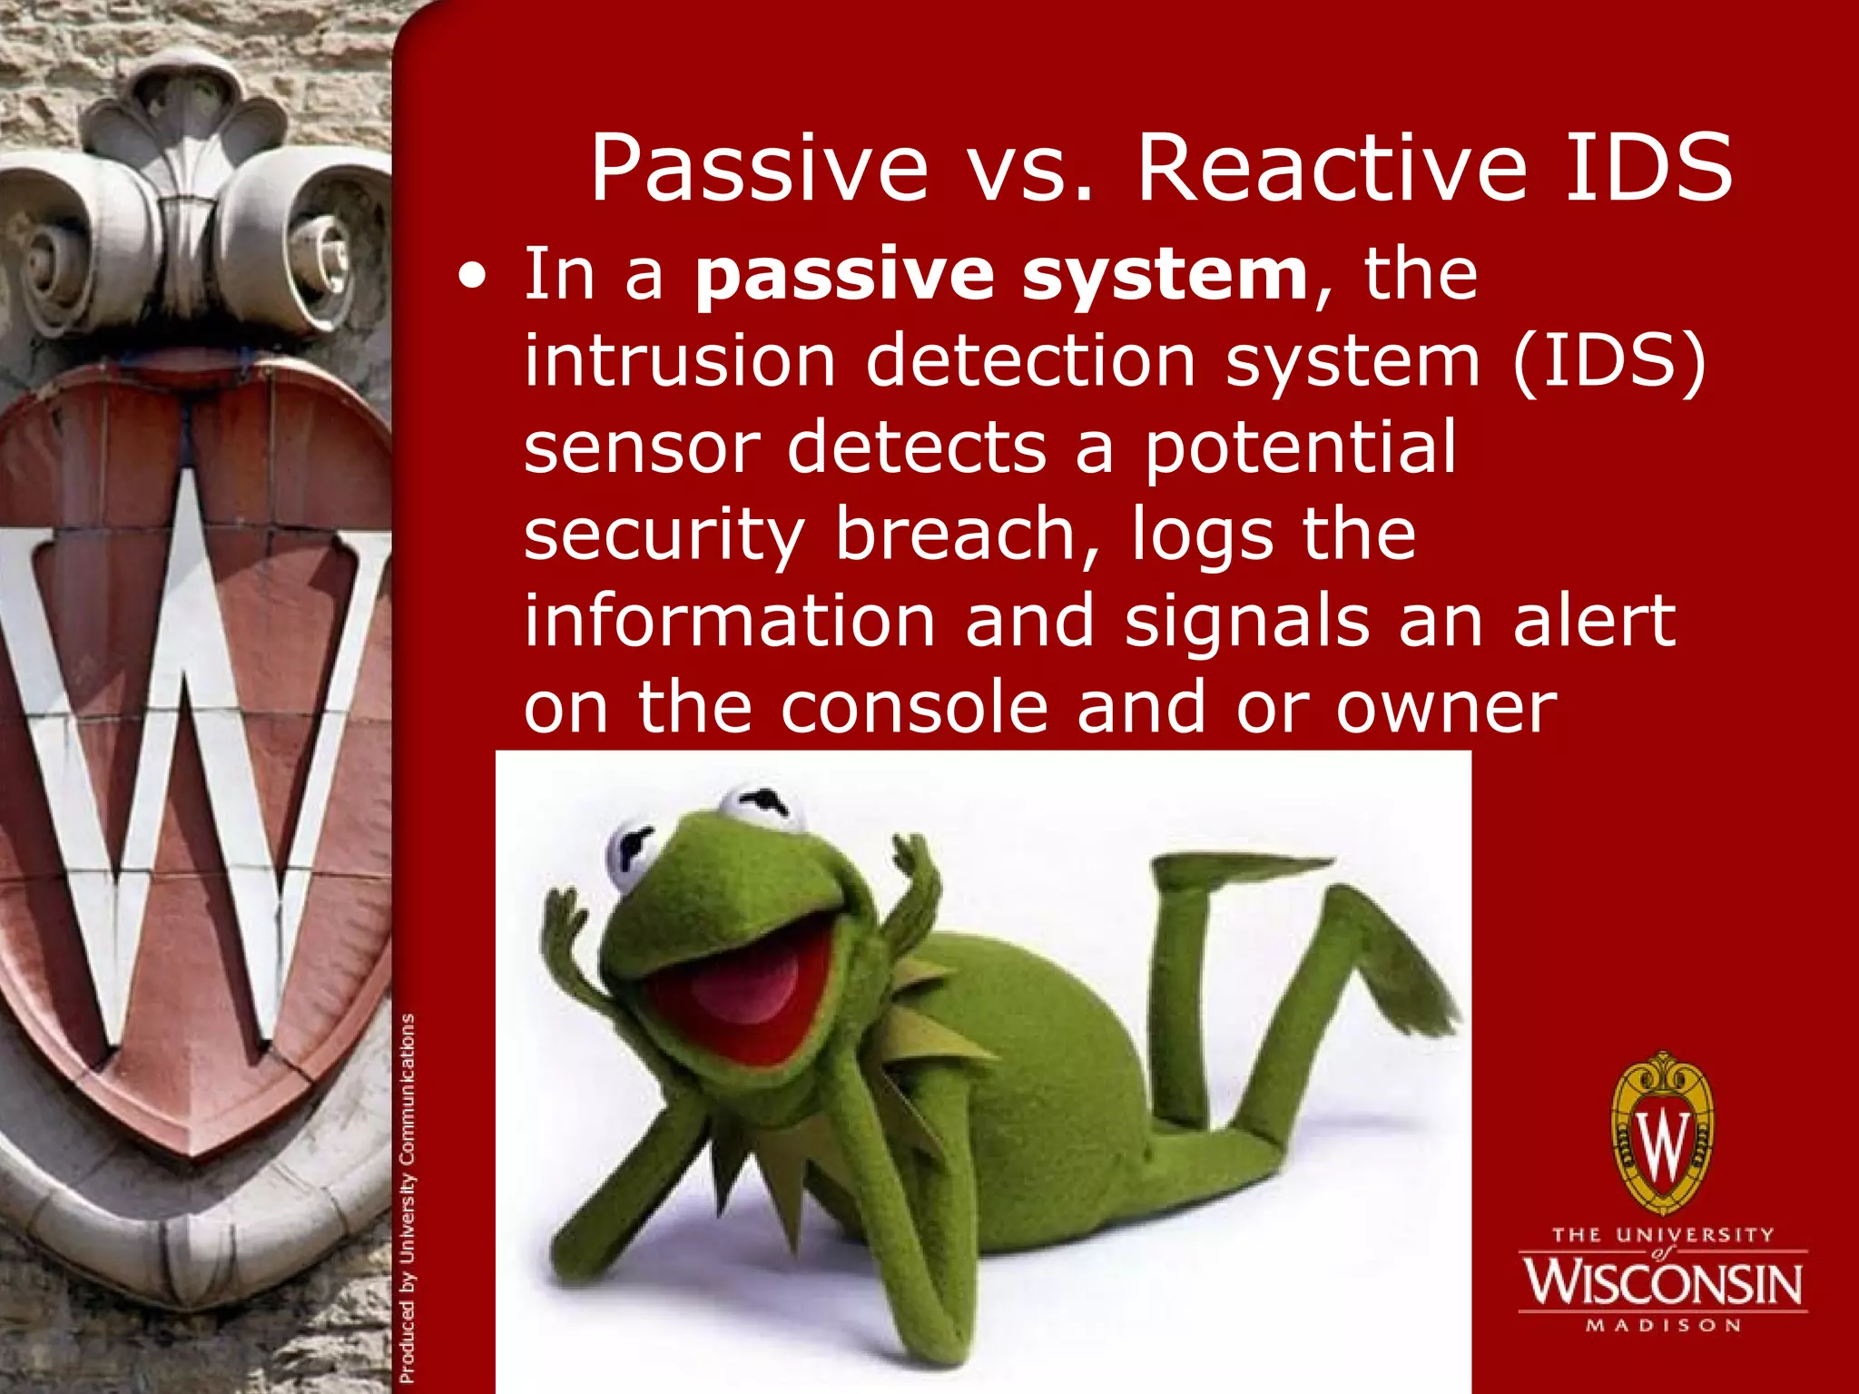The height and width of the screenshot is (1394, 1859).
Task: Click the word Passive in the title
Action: [x=759, y=169]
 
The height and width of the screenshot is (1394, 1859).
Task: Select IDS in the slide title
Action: [x=1648, y=169]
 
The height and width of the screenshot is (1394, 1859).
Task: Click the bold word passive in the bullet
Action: [x=844, y=277]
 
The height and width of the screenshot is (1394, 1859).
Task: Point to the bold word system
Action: [x=1165, y=277]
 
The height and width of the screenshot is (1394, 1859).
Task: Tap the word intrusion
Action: [x=679, y=361]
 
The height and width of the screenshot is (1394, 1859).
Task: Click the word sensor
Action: [x=641, y=447]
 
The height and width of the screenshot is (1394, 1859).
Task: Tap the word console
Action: [x=914, y=708]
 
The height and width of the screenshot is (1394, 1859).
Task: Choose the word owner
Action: [x=1446, y=708]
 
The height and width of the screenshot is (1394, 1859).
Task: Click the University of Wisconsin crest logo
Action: [x=1663, y=1134]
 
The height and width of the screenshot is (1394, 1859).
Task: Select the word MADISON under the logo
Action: [x=1663, y=1326]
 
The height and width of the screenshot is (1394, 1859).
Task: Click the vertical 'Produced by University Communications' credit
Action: [x=408, y=1198]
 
